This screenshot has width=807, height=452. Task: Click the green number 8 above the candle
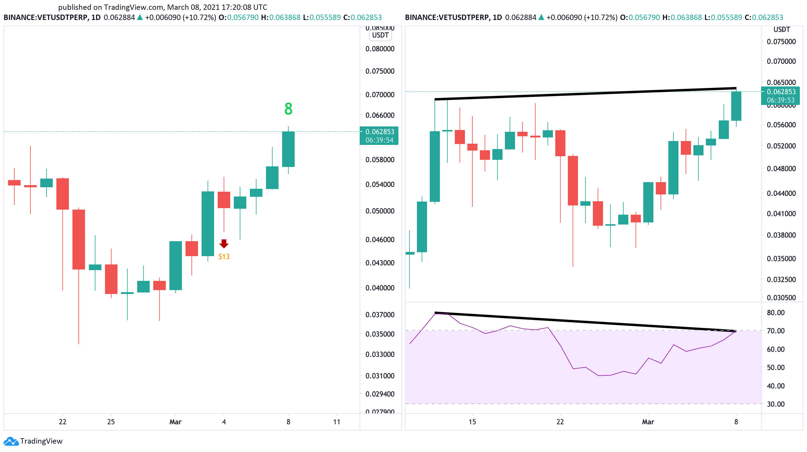point(288,109)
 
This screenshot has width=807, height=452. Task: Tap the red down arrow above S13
point(224,243)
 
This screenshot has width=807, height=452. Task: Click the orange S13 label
point(224,256)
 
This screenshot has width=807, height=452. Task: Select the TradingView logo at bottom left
point(33,441)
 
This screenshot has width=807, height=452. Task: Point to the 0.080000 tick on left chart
point(380,49)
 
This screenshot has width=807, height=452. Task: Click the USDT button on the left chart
point(380,35)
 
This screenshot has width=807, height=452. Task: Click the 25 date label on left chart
point(111,422)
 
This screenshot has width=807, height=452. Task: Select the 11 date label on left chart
point(336,422)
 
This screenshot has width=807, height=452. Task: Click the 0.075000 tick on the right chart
point(781,42)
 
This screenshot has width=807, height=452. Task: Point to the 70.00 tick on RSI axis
point(775,331)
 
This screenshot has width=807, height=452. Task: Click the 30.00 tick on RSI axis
point(775,404)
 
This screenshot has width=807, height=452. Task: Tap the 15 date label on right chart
point(472,422)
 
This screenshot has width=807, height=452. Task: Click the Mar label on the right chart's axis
point(648,422)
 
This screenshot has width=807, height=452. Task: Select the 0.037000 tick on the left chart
point(380,315)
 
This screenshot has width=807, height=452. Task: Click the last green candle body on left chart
point(288,149)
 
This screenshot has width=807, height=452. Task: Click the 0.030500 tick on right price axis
point(781,298)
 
